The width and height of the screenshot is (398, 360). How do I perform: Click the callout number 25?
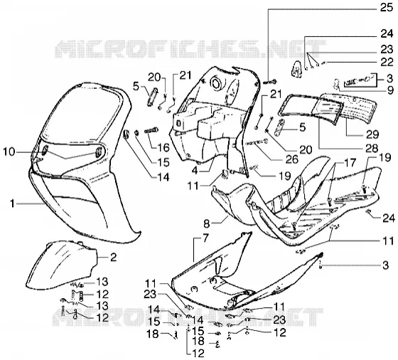point(387,8)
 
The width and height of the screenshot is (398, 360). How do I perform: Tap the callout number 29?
point(372,134)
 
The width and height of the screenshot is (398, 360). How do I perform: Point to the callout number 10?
point(9,152)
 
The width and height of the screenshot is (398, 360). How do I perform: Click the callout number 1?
point(12,203)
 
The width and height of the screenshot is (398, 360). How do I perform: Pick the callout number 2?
point(113,258)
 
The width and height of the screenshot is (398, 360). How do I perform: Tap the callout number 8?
point(207,224)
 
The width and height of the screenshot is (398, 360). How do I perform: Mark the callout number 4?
point(195,171)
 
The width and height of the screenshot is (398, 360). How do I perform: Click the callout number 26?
point(292,159)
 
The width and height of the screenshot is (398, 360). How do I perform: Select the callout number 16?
point(163,147)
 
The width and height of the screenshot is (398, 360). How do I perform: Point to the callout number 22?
point(387,62)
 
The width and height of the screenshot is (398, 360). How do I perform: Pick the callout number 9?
point(390,90)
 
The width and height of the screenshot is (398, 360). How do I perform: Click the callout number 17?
point(350,163)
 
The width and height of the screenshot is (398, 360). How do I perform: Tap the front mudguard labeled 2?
point(63,266)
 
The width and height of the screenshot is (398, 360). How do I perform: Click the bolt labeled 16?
point(151,131)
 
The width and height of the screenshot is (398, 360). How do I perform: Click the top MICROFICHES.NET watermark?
point(190,49)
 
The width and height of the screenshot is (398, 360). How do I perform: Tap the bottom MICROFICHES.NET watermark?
point(188,317)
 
